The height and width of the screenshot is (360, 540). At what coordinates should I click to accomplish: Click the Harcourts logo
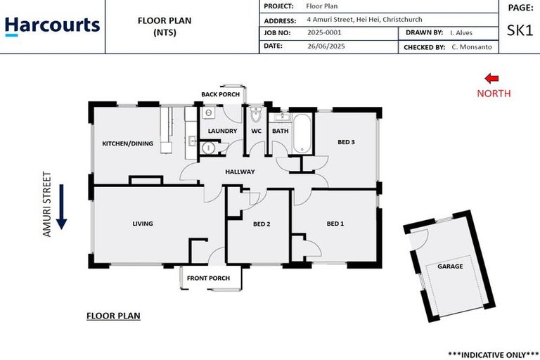point(52,26)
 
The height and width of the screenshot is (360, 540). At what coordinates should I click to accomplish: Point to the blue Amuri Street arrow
point(61,206)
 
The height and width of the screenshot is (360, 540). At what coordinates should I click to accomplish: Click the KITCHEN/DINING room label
point(127,143)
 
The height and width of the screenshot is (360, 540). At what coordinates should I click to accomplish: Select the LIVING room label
point(143,224)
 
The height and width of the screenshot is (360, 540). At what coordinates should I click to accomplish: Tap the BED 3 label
point(346,142)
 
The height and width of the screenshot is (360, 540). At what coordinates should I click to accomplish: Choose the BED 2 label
point(262,224)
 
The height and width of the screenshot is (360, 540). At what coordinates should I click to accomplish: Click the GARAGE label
point(450,266)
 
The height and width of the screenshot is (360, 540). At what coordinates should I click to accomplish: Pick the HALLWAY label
point(240,172)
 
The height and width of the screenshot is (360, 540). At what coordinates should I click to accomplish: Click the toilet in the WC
point(256,115)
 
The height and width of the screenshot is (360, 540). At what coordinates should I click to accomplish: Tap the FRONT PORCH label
point(208,278)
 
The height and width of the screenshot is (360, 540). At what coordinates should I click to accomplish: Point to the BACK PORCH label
point(220,94)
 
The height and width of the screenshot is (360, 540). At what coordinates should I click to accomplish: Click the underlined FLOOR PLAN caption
point(113,316)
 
